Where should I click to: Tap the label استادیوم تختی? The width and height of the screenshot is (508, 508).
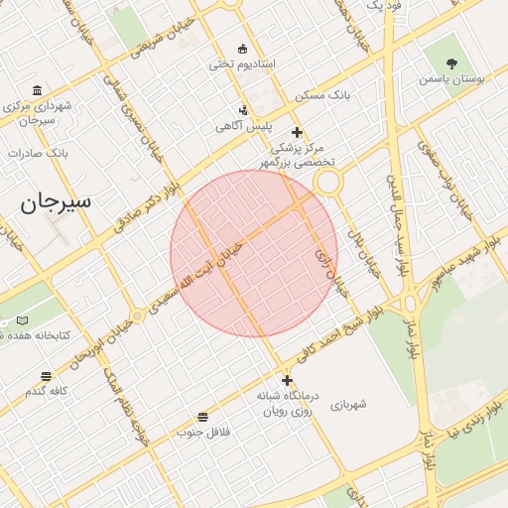pos(241,64)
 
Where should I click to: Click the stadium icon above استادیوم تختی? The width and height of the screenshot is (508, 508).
pos(243,49)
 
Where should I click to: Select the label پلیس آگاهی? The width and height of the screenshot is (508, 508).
pos(243,127)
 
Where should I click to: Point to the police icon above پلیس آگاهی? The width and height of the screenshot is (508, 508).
pos(244,111)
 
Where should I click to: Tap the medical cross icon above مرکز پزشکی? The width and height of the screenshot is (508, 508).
pos(296,133)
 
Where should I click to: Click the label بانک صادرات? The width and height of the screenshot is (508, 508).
pos(36,154)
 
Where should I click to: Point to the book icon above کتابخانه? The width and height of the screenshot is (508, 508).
pos(23,320)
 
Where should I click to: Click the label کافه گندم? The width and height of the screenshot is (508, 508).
pos(46,391)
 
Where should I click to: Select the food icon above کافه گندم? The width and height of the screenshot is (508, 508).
pos(46,376)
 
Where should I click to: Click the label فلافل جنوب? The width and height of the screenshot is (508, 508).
pos(203,432)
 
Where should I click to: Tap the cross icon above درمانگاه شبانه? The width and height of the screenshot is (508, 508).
pos(287,381)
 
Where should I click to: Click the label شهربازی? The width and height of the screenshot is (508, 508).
pos(350,404)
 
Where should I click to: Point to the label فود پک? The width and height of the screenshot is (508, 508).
pos(383,6)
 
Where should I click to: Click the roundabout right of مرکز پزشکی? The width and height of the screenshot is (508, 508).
pos(327,182)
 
